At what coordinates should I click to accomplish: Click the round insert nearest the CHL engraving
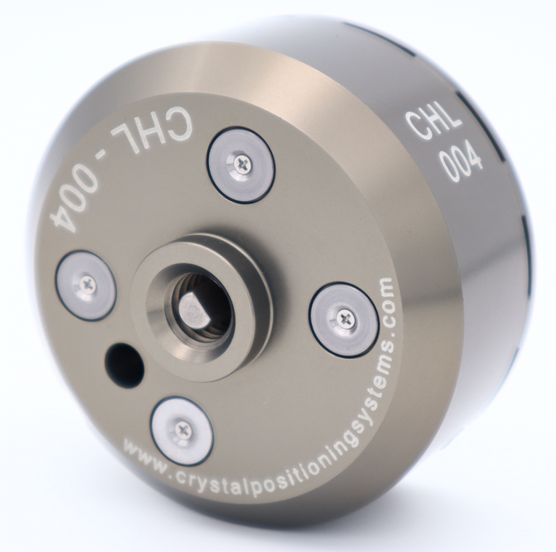(x=241, y=166)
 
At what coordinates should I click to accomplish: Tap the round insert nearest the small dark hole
(x=86, y=285)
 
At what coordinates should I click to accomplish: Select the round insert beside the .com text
(x=344, y=319)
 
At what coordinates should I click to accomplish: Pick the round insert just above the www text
(x=182, y=430)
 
